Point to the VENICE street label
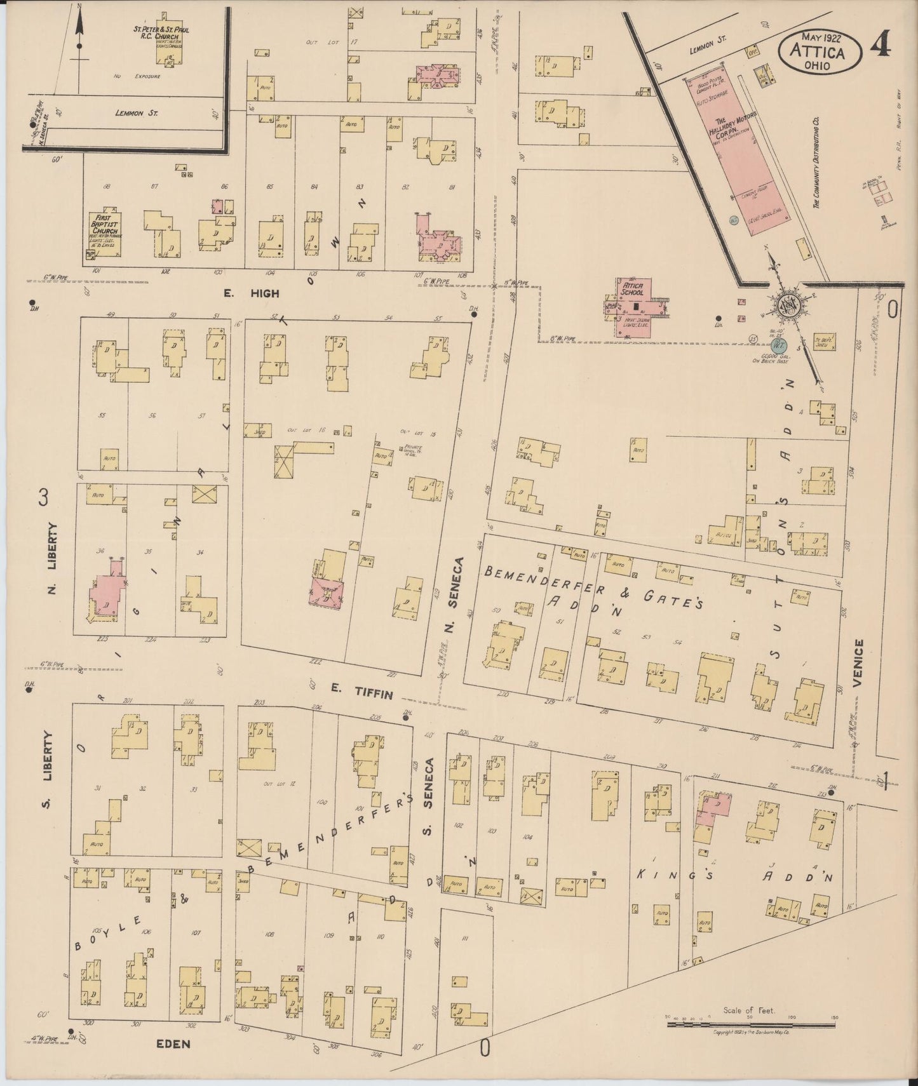click(859, 663)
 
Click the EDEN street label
click(173, 1043)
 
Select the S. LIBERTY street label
click(47, 768)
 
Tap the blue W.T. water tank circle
click(780, 345)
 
